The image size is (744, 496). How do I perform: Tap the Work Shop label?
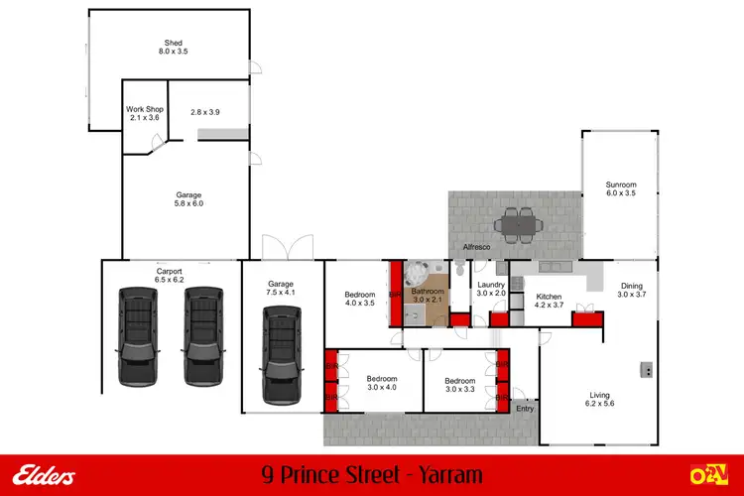coord(144,114)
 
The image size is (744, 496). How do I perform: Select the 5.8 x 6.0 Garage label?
coord(188,199)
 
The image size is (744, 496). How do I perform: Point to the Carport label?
coord(169,275)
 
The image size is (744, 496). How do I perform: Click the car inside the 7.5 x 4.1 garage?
coord(282,354)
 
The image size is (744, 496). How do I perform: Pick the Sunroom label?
coord(621,188)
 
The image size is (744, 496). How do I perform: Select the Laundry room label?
coord(491,289)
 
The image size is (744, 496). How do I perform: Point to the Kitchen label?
coord(550,301)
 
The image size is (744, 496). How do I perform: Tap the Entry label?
coord(525,408)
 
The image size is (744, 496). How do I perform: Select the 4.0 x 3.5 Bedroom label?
coord(359,299)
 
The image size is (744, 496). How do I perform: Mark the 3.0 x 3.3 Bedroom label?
coord(459,385)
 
